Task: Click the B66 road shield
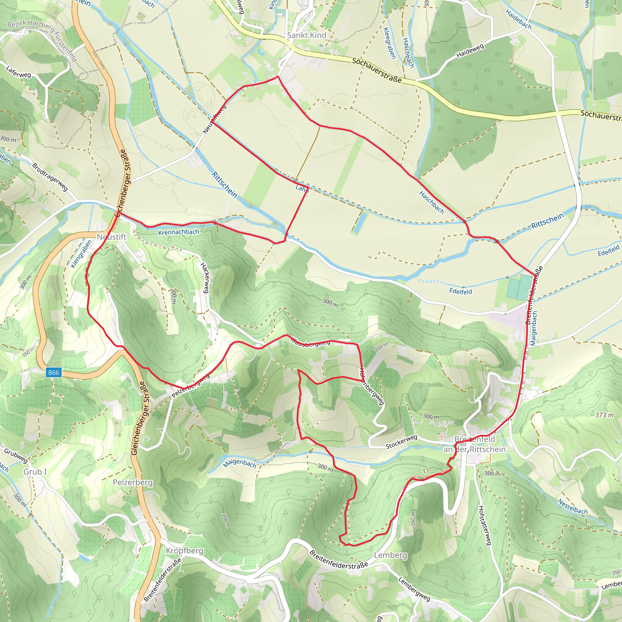click(x=53, y=372)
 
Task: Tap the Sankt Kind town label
click(x=306, y=35)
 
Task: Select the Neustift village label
click(x=112, y=237)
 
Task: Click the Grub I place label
click(x=35, y=472)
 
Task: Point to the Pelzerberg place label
click(x=133, y=482)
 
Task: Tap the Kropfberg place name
click(x=184, y=551)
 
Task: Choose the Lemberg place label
click(x=391, y=555)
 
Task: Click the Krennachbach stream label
click(x=179, y=232)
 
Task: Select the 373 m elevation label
click(x=604, y=415)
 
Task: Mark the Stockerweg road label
click(x=402, y=442)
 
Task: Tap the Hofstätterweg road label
click(x=484, y=525)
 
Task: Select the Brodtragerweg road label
click(x=50, y=177)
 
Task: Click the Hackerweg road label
click(x=205, y=278)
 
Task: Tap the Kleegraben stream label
click(x=389, y=43)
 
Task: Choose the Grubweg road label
click(x=16, y=456)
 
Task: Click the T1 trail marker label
click(x=426, y=471)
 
